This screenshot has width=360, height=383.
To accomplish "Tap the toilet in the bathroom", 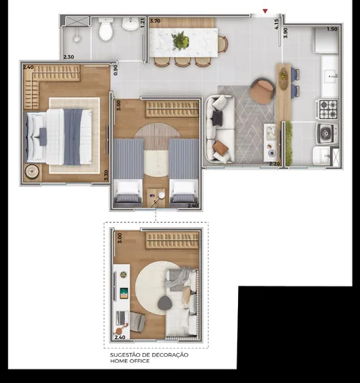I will tap(106, 31).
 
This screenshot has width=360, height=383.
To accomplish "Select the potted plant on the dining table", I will tap(180, 41).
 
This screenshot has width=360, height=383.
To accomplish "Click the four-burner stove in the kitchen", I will tap(328, 109).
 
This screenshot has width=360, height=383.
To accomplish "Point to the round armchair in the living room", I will tap(262, 91).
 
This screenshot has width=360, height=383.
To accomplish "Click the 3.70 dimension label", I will tap(155, 22).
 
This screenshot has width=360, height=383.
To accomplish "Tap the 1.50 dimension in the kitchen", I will tap(332, 29).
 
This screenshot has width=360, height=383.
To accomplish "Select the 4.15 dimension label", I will tap(276, 24).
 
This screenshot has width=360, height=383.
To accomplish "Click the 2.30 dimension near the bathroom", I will tap(68, 57).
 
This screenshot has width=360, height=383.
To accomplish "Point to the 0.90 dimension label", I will tap(115, 70).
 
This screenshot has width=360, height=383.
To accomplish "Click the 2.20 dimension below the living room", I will tap(275, 163).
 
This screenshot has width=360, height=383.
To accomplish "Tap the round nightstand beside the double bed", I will tap(31, 171).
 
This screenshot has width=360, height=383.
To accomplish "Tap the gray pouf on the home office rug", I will tap(165, 303).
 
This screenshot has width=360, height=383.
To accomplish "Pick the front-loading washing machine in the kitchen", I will tap(326, 133).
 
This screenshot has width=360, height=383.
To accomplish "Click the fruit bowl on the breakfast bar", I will tap(284, 79).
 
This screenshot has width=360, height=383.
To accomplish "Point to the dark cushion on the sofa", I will tap(217, 118).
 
